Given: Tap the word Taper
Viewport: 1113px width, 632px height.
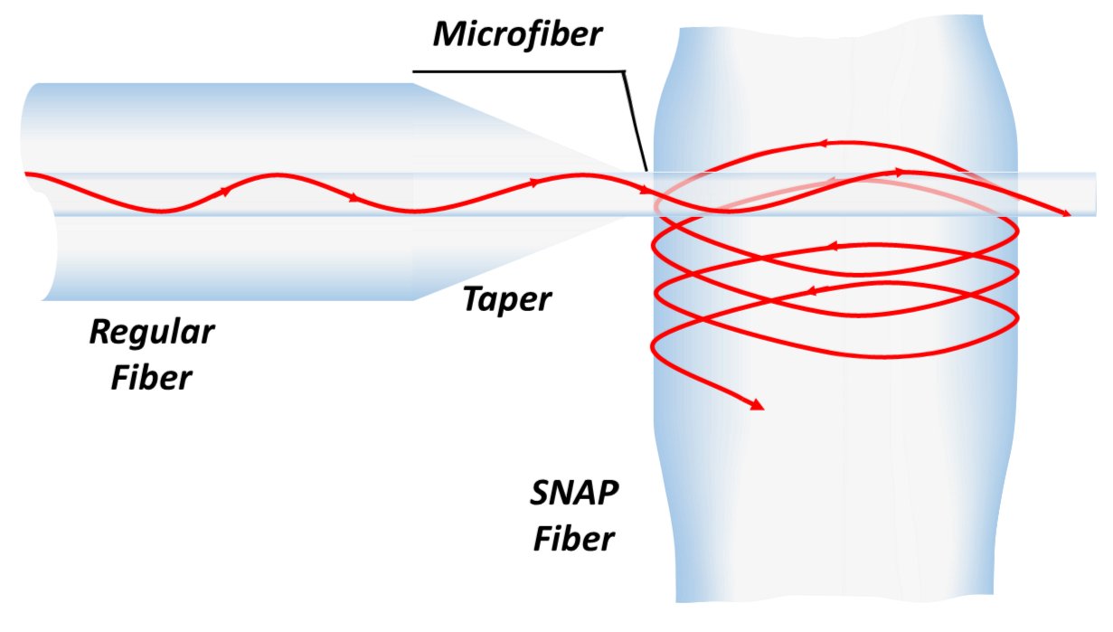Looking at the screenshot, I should [506, 298].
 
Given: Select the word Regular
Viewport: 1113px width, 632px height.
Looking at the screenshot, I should [152, 332].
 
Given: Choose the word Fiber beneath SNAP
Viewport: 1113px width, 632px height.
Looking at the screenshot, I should [573, 539].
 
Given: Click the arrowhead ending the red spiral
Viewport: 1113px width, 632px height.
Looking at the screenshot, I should [758, 406].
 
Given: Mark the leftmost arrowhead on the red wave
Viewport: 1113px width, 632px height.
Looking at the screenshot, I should [225, 192].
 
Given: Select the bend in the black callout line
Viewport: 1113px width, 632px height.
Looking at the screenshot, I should [623, 71].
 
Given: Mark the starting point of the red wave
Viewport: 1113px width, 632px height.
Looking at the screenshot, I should [27, 174].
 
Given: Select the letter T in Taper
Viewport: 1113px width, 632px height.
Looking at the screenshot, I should [472, 298].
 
